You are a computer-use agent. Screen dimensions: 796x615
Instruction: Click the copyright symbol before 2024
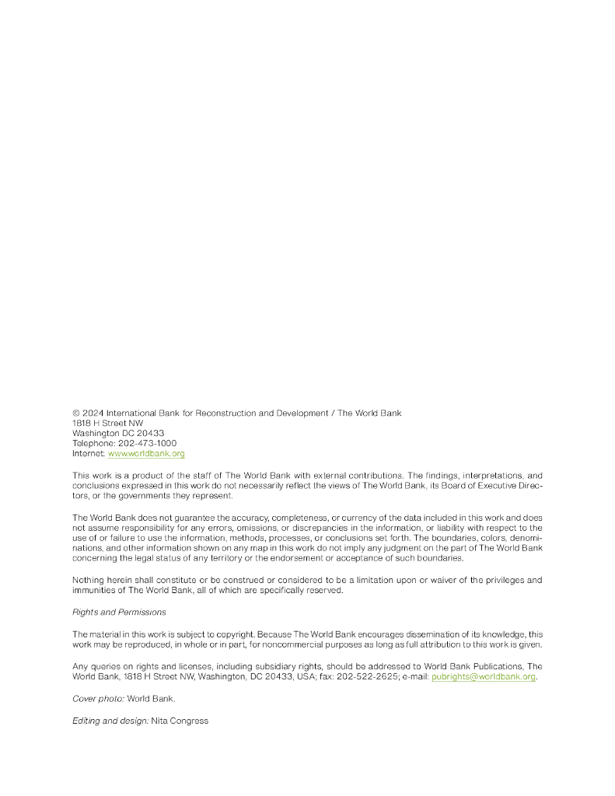[x=76, y=414]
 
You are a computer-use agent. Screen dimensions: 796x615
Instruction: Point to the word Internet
[x=88, y=453]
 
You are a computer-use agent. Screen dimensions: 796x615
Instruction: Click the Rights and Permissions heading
[x=119, y=613]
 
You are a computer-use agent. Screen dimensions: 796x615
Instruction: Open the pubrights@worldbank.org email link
[x=484, y=676]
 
